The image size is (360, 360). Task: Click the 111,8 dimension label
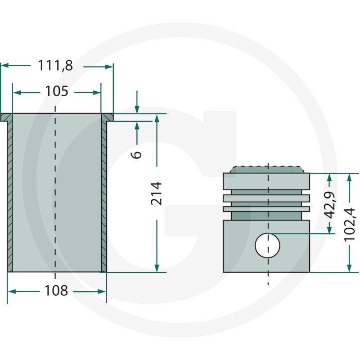point(55,66)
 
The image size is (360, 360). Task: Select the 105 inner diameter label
point(57,91)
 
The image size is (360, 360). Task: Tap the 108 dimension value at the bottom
point(56,291)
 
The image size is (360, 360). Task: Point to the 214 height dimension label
point(157,193)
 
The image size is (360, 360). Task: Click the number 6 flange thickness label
point(136,154)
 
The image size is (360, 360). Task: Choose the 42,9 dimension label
point(330,205)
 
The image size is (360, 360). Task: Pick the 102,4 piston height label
point(350,225)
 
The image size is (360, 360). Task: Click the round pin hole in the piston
point(267,245)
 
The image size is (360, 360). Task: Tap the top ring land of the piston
point(266,181)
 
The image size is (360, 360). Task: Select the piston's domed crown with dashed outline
point(267,170)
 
